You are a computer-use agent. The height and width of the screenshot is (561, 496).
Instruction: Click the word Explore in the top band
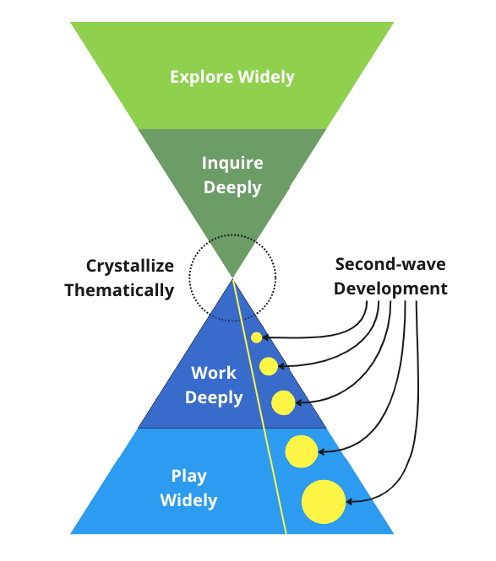point(201,78)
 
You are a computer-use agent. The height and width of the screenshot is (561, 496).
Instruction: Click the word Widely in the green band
point(266,77)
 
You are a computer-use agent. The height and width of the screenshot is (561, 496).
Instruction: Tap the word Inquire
point(232,164)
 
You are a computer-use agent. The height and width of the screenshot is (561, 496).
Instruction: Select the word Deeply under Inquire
point(232,187)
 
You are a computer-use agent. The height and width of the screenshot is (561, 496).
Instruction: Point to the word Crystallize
point(130,267)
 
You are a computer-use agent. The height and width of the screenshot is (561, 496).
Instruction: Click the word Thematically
point(119,290)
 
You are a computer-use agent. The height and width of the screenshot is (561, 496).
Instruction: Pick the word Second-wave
point(390,264)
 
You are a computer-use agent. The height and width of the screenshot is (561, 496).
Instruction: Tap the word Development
point(390,289)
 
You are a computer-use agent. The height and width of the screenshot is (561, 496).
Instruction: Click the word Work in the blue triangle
point(214,373)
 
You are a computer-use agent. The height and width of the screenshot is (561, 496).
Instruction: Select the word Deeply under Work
point(214,397)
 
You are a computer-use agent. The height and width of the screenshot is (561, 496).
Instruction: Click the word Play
point(189,476)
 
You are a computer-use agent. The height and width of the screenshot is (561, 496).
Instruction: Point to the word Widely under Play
point(189,500)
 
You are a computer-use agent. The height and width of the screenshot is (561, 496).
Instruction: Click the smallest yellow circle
point(257,337)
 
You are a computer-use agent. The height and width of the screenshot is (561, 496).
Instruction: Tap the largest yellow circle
point(324,502)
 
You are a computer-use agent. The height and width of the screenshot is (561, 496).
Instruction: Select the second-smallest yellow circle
point(269,366)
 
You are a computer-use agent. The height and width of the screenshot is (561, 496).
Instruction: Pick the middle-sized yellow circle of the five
point(283,403)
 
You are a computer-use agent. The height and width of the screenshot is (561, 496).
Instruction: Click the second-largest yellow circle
point(302,451)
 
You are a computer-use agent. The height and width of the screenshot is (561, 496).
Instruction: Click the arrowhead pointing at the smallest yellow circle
point(264,337)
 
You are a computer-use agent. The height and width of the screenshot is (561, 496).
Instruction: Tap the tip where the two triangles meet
point(232,278)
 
